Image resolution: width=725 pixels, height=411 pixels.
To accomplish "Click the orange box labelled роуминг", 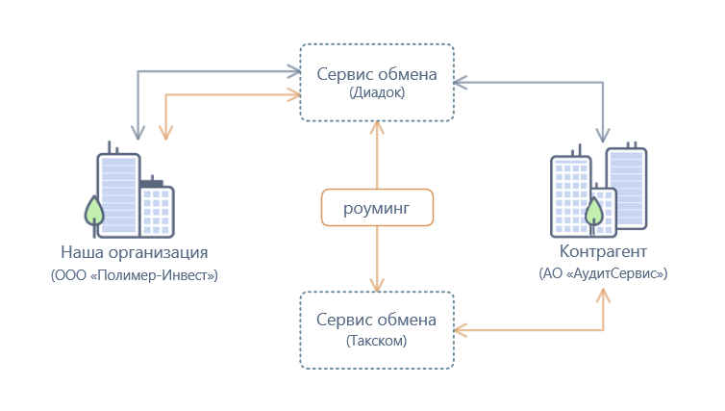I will click(377, 208).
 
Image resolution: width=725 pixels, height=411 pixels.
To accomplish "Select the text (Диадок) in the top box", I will click(377, 93).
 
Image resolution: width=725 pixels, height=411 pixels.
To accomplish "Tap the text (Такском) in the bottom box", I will click(377, 340).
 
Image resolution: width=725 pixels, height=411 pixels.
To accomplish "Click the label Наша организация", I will click(135, 254).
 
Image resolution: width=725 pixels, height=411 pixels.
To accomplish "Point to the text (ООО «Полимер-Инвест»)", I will click(135, 275).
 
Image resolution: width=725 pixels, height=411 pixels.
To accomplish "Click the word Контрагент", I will click(604, 252).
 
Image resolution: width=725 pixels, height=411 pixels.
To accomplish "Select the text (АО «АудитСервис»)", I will click(604, 273).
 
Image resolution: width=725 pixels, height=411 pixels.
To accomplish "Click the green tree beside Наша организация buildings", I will click(94, 212).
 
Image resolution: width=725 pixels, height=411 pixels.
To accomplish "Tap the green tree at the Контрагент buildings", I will click(598, 209).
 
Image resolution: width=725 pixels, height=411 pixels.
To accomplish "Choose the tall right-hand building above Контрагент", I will click(626, 185).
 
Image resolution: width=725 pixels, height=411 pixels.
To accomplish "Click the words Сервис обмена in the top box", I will click(377, 74).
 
